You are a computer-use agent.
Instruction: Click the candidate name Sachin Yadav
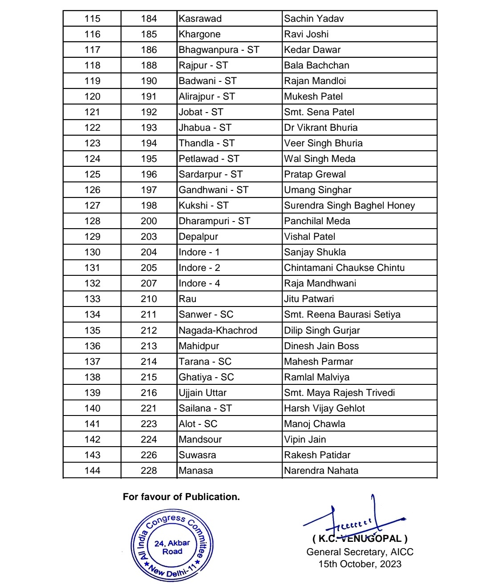pos(314,19)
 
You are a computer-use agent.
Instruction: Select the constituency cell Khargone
pos(199,34)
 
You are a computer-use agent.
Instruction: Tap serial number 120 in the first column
pos(92,97)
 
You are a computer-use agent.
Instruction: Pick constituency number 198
pos(149,206)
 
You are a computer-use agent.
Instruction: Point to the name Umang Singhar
pos(317,190)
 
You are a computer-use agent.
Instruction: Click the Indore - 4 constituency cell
pos(199,283)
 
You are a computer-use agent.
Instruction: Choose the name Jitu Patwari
pos(309,299)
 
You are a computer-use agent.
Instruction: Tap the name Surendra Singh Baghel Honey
pos(349,206)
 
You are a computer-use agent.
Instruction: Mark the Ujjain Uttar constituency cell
pos(203,393)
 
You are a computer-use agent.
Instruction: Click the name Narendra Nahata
pos(321,471)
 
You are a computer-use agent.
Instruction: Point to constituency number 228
pos(149,471)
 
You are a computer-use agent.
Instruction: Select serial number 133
pos(92,299)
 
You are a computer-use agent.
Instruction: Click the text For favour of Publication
pos(181,497)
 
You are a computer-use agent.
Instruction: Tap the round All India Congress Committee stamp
pos(172,545)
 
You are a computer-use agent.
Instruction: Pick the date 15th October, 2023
pos(360,564)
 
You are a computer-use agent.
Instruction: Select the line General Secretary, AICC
pos(360,552)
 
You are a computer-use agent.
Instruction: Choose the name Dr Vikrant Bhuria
pos(321,128)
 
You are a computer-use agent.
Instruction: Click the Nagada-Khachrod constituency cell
pos(218,331)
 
